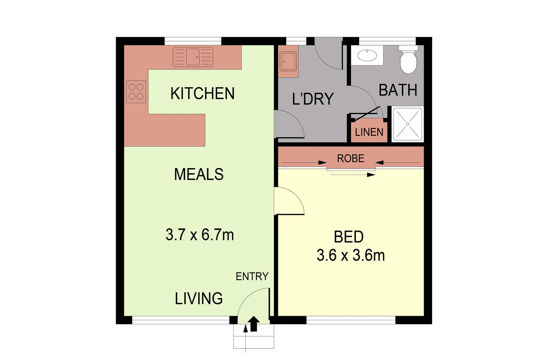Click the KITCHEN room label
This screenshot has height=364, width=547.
point(202,94)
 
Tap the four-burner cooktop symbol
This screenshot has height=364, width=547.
point(136,92)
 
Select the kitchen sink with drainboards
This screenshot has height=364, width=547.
point(193,57)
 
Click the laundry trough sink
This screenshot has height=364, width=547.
point(288,62)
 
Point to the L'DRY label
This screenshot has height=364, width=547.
point(313,99)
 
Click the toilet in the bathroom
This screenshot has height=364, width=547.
point(408,61)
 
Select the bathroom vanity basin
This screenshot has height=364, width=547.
point(367,55)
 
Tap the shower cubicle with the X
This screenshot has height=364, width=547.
point(408,124)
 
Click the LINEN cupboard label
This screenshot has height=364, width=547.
point(369,132)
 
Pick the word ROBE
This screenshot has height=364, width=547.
point(350,158)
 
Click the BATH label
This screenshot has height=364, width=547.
point(398,90)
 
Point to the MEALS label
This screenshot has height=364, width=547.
point(199,175)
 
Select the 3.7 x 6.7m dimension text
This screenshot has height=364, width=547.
point(200,235)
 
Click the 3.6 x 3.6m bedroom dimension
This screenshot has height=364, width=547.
point(350,255)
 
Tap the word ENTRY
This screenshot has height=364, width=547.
point(252,276)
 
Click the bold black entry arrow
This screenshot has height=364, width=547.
point(254,324)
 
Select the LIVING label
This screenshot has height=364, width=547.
point(199,299)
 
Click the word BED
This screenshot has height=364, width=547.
point(348,237)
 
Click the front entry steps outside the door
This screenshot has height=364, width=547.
point(254,339)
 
